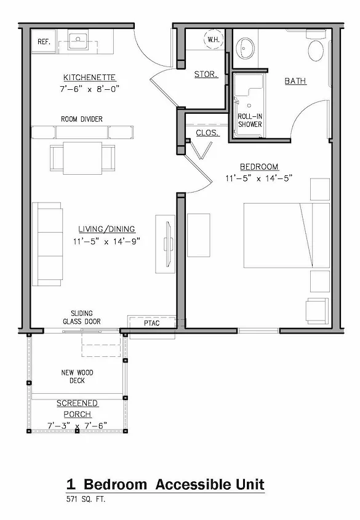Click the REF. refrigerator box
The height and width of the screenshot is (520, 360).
pos(44,41)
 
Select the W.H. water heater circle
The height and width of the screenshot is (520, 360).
pos(213,39)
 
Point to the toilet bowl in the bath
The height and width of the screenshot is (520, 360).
pos(316,50)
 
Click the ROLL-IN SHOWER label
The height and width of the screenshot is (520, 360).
pos(250,121)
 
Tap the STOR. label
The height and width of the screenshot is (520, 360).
pos(206,74)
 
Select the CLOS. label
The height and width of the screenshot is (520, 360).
pos(207,133)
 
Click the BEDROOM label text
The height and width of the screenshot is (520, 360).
pos(259,167)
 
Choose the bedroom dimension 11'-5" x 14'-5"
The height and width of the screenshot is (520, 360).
pos(259,178)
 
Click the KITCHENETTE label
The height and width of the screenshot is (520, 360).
pos(89,78)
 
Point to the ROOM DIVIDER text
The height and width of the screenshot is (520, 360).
pos(82,119)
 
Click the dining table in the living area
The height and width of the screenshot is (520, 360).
pos(82,158)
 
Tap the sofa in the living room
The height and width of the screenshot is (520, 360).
pos(47,244)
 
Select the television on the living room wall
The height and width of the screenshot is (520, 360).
pos(168,244)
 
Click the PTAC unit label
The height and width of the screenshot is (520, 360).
pos(151,323)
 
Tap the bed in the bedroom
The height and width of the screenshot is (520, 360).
pos(287,236)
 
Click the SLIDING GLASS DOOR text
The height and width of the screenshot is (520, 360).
pos(82,318)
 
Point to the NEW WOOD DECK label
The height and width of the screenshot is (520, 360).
pos(77,377)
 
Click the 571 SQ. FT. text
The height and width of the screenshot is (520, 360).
pos(86,499)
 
